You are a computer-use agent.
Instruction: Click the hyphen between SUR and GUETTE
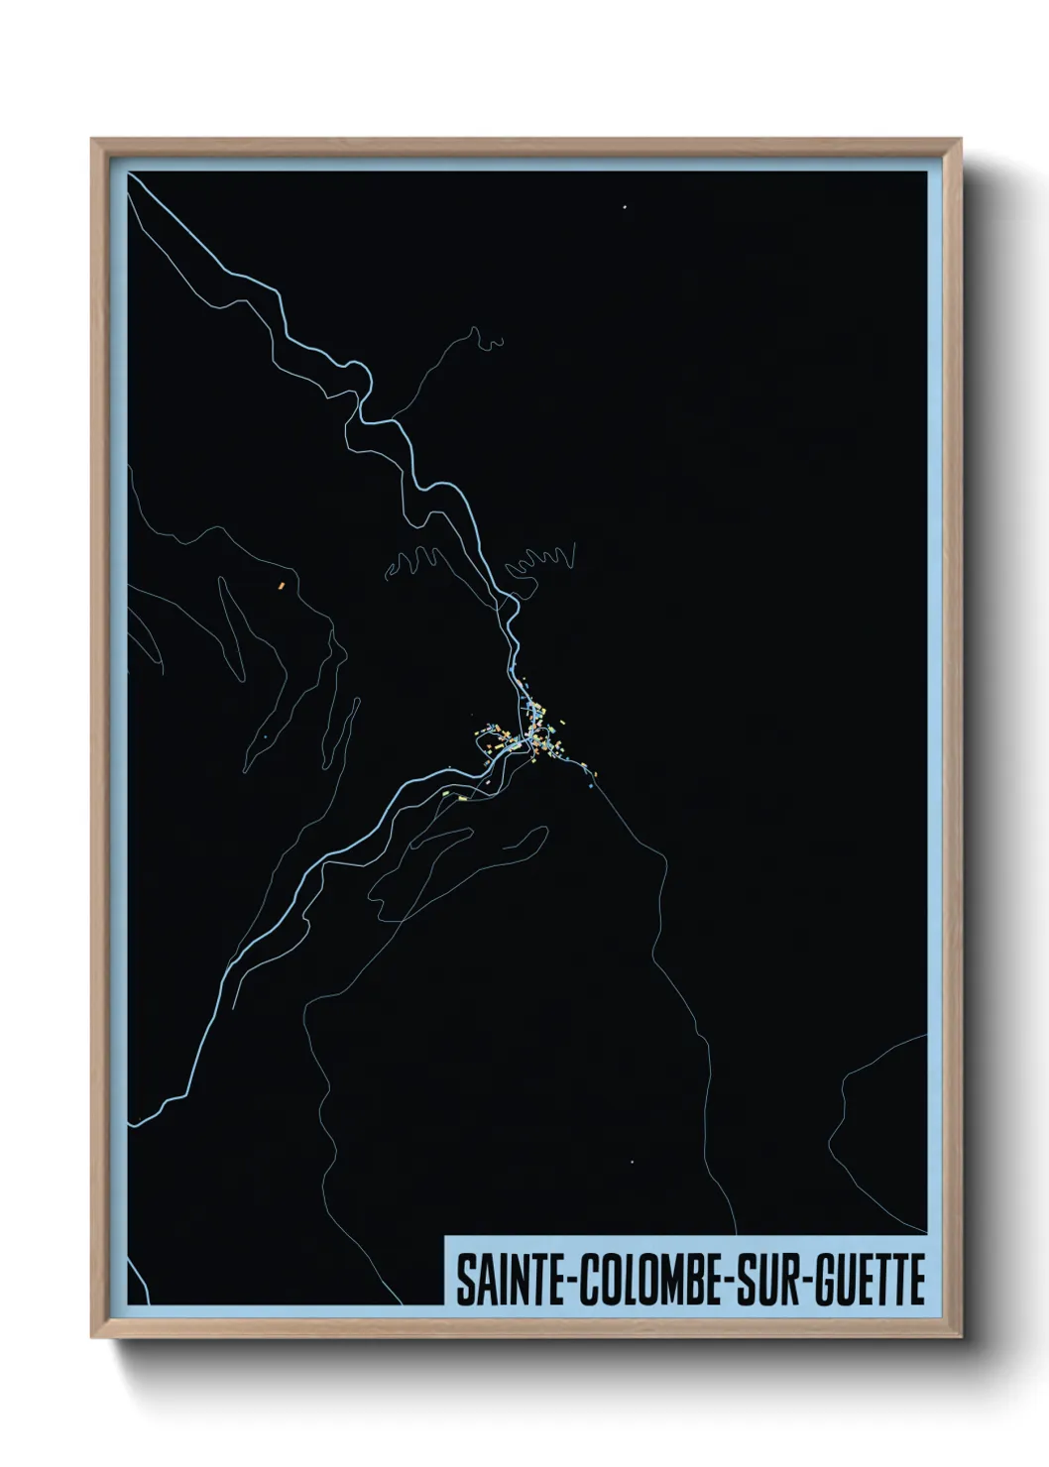(x=809, y=1281)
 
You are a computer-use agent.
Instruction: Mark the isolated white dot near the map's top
(x=625, y=207)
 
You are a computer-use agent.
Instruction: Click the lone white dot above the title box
(x=632, y=1161)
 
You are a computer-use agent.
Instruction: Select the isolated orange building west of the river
(x=282, y=585)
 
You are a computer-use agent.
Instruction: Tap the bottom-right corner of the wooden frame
(x=960, y=1336)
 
